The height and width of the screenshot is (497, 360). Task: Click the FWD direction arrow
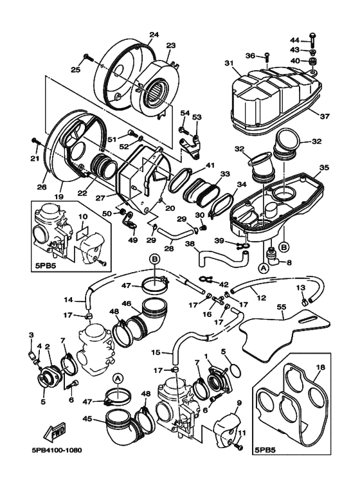coord(55,432)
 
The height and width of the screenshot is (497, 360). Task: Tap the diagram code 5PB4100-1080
coord(57,450)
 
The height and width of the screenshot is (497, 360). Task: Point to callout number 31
coord(229,63)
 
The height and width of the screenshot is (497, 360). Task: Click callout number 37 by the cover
coord(325,116)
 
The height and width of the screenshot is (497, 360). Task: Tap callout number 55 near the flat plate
coord(282,307)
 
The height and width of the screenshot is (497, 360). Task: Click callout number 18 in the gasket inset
coord(320,368)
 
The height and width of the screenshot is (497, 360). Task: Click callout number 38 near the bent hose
coord(190,244)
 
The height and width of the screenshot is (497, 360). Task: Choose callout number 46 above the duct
coord(126,303)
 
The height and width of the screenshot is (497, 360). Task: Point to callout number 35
coord(324,167)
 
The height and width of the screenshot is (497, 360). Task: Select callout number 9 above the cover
coord(239,403)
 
